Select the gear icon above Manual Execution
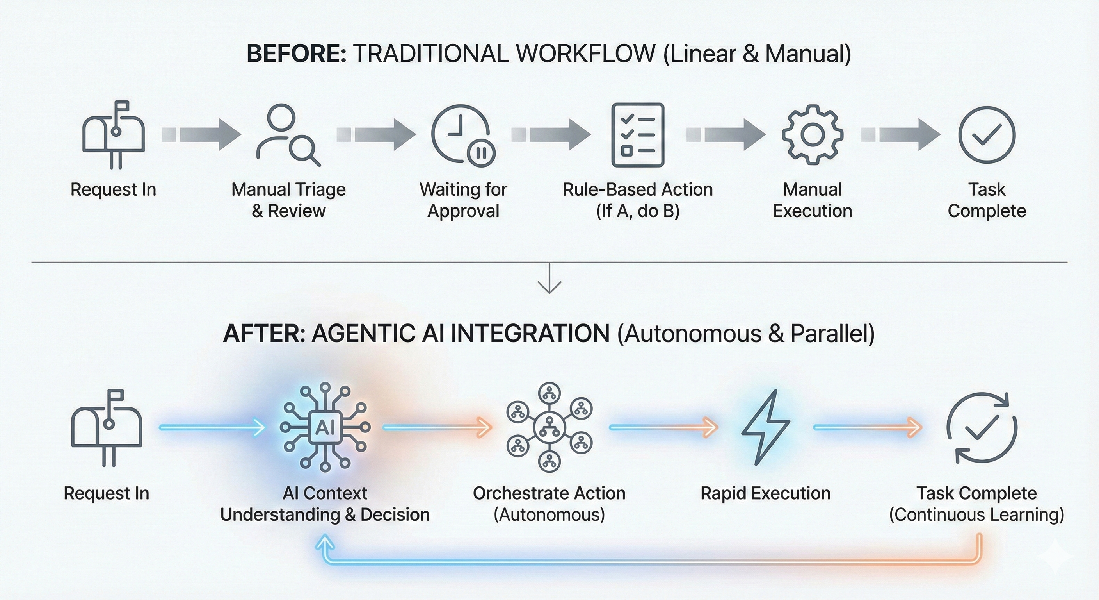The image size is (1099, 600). [812, 135]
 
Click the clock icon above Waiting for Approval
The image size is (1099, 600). [459, 133]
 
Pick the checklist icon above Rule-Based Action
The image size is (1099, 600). [638, 135]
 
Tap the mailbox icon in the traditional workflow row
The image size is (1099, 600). [113, 134]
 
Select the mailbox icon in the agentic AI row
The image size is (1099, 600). [107, 427]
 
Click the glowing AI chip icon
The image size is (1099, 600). [325, 427]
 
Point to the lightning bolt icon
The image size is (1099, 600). [765, 427]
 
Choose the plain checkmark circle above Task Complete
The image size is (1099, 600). [987, 135]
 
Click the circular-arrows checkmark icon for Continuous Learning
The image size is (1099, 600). [982, 427]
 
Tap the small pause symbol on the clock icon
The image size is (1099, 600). [481, 152]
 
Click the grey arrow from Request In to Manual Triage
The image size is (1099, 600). [201, 135]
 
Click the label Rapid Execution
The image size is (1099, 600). [765, 493]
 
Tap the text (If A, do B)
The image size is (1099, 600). [637, 211]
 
